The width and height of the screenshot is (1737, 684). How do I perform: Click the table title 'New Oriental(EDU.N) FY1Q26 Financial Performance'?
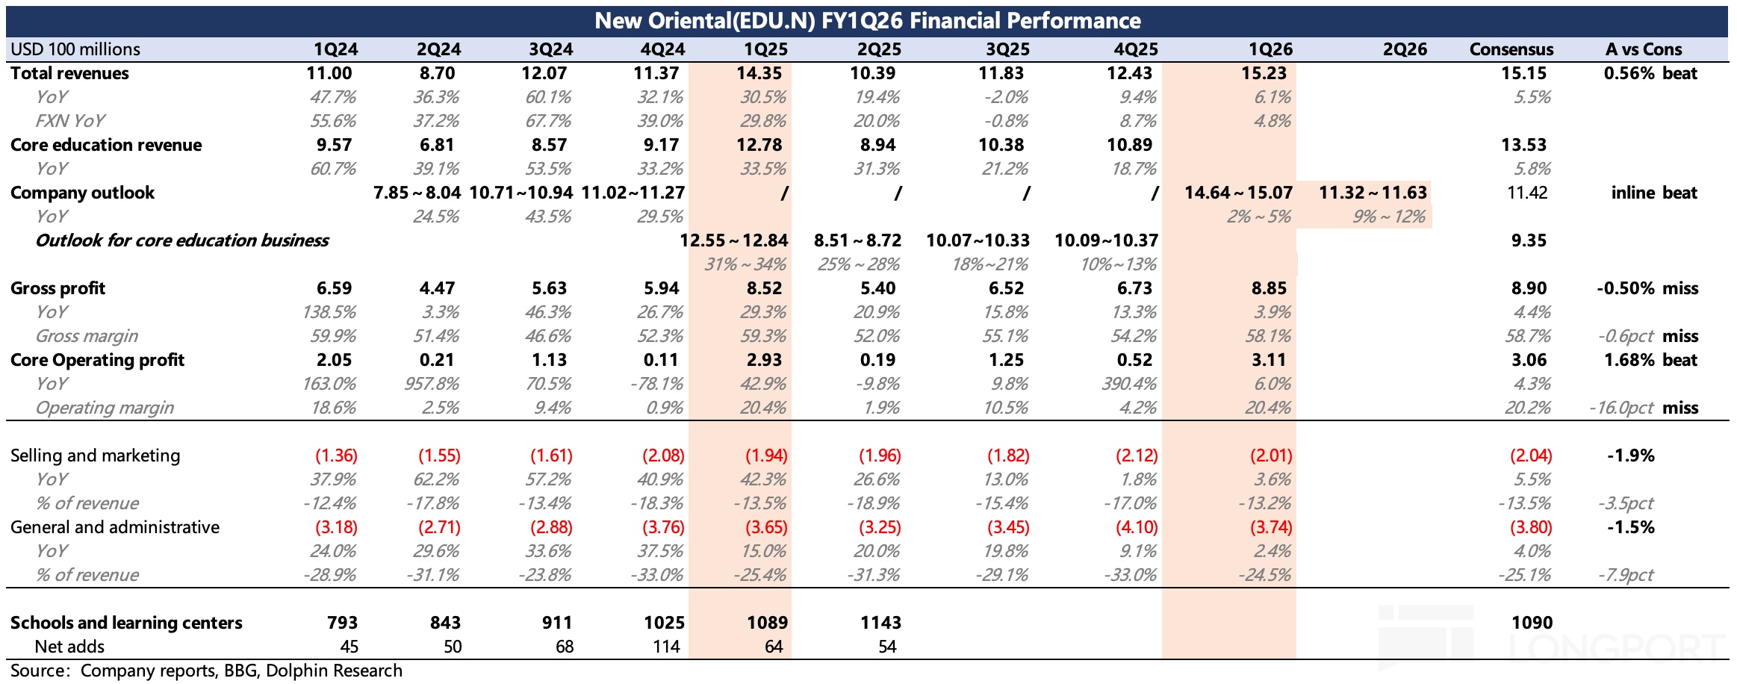[x=867, y=20]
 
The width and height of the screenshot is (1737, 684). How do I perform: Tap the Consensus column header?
[x=1511, y=49]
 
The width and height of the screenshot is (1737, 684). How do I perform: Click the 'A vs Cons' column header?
[x=1643, y=49]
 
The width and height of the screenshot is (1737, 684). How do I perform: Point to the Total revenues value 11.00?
[x=329, y=73]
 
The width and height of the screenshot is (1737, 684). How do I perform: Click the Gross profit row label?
[x=58, y=288]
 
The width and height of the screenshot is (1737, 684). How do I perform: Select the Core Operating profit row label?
[x=97, y=360]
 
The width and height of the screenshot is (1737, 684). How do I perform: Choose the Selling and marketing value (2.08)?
[x=662, y=456]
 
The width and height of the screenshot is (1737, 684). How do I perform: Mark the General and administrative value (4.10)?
[x=1136, y=527]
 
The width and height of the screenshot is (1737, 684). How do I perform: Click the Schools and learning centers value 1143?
[x=880, y=623]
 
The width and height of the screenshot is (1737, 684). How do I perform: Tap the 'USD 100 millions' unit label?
[x=75, y=49]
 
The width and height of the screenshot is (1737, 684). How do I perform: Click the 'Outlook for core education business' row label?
[x=182, y=240]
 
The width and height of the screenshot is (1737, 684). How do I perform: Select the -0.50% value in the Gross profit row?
[x=1625, y=288]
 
